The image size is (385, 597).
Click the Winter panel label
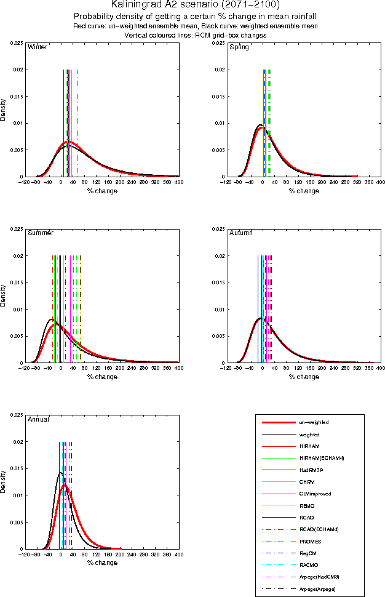pos(38,47)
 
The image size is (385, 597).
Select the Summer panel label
pos(41,233)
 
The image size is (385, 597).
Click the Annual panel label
pos(39,419)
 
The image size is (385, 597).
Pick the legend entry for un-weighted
pos(313,423)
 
